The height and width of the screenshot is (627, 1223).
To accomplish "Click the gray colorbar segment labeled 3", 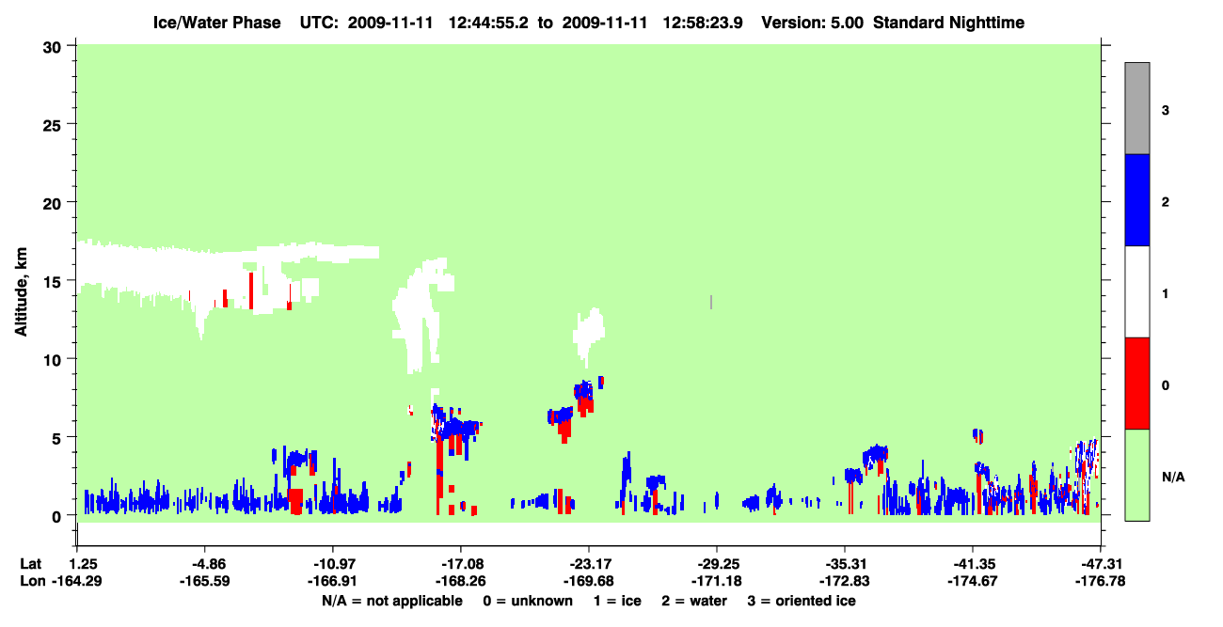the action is pos(1136,108).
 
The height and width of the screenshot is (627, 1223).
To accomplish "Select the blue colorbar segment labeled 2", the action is pos(1136,199).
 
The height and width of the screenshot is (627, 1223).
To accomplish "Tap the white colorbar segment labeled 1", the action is pos(1136,291).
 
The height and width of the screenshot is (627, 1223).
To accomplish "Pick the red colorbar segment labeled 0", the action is pos(1136,384).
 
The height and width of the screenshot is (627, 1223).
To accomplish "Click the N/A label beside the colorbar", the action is pos(1173,477).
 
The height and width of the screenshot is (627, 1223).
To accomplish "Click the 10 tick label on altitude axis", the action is pos(52,360).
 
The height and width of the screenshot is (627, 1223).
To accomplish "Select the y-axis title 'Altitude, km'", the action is pos(21,292).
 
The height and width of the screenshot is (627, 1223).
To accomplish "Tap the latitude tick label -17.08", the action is pos(460,564).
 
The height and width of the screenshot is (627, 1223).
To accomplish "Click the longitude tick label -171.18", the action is pos(716,581).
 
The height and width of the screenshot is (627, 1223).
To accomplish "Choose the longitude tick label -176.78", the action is pos(1100,581).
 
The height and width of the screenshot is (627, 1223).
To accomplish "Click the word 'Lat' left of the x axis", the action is pos(30,564).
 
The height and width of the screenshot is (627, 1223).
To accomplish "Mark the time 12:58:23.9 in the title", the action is pos(703,23).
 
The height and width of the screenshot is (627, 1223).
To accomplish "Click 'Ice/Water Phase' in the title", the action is pos(216,23).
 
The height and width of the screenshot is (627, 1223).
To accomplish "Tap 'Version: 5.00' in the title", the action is pos(813,23).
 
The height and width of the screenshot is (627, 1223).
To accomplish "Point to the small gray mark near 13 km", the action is pos(711,302).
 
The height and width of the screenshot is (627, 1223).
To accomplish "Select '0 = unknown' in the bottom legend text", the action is pos(528,601).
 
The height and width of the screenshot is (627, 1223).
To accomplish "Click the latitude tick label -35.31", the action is pos(844,564).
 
